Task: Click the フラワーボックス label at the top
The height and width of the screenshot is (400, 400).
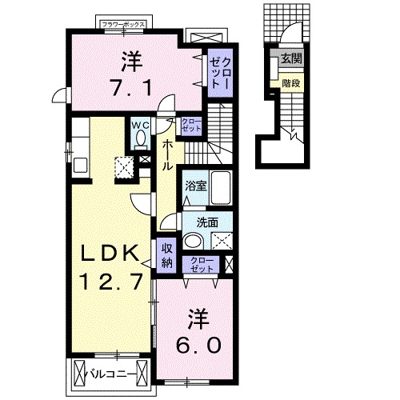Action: [123, 25]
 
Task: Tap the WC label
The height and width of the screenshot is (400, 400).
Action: [140, 125]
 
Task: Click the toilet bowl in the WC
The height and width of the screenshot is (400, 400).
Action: [141, 141]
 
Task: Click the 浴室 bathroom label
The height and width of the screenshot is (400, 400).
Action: [195, 185]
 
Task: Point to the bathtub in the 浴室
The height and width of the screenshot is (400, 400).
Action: [221, 190]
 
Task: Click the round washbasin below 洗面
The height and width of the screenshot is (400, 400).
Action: [193, 241]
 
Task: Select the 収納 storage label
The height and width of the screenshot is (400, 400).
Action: [167, 254]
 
